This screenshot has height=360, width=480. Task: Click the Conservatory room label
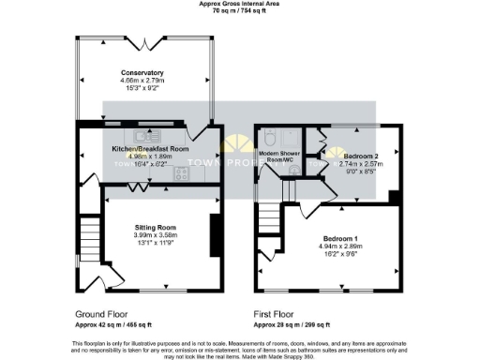click(142, 73)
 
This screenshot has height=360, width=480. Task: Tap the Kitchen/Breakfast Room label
click(150, 149)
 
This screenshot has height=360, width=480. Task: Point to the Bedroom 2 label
click(361, 156)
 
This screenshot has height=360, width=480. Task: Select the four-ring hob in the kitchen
click(180, 172)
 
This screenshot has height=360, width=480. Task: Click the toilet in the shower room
click(268, 133)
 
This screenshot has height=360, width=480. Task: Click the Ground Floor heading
click(99, 314)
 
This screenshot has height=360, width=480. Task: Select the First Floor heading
click(275, 314)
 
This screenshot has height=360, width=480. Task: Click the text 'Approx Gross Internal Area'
click(239, 4)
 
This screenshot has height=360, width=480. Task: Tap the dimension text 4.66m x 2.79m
click(142, 81)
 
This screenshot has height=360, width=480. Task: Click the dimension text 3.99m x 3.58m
click(155, 235)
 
